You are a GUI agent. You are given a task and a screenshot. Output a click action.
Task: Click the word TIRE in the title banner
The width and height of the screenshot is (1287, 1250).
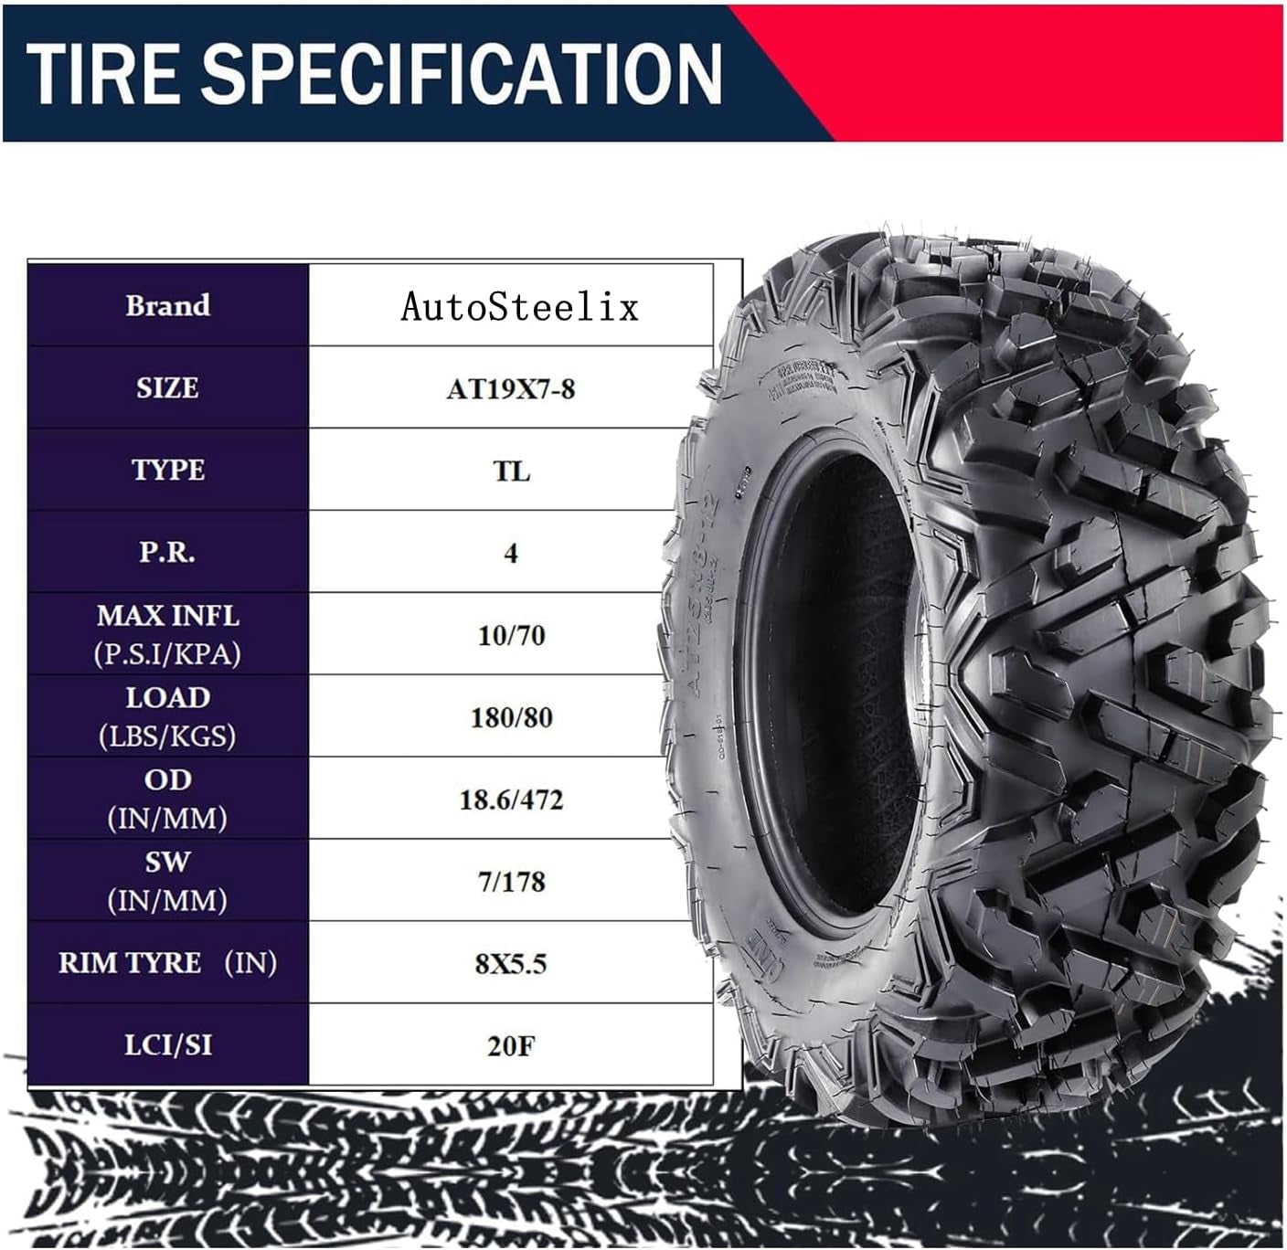[101, 73]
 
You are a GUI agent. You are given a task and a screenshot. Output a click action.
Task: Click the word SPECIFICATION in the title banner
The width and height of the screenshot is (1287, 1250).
[463, 73]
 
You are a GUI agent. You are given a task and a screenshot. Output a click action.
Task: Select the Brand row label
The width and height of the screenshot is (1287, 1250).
[167, 305]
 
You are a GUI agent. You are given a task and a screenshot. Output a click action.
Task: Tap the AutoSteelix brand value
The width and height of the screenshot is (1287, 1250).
[519, 307]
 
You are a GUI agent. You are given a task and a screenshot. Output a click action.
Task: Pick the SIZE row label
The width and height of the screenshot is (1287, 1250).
[167, 387]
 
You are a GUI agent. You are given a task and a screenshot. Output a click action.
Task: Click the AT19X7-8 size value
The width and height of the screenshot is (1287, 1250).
[511, 389]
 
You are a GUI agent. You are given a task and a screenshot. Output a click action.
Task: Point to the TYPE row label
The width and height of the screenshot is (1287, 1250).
[167, 470]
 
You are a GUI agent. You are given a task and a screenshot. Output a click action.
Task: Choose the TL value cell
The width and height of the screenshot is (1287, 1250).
[511, 471]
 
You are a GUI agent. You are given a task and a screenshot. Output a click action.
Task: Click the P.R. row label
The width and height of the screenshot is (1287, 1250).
[167, 552]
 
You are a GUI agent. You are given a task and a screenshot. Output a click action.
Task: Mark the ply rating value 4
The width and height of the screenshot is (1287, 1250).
[511, 553]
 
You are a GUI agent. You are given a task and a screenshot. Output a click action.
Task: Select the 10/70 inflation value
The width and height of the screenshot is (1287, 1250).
[511, 635]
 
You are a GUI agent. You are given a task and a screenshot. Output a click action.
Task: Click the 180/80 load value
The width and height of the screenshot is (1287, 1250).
[511, 717]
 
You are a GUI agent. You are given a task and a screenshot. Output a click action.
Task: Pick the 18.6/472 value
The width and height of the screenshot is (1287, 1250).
[511, 800]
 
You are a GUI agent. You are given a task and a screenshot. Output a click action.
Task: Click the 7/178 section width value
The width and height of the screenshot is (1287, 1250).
[511, 882]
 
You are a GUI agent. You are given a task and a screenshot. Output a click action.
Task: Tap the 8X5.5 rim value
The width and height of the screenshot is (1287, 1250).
[511, 964]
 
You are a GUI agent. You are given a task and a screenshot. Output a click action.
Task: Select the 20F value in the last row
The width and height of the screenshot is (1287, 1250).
[511, 1045]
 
